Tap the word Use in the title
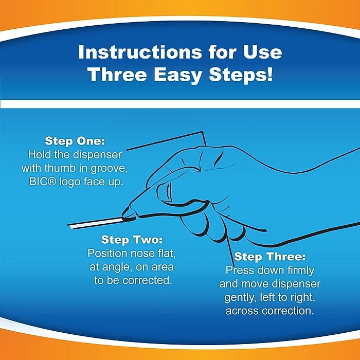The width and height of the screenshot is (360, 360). pos(262,52)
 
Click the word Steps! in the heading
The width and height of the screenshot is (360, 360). pos(241,75)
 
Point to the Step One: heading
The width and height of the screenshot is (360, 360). pos(75,141)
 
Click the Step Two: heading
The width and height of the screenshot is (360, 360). pos(132,240)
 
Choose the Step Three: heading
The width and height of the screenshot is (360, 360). pos(270,256)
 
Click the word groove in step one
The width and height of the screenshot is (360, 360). pos(109,169)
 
